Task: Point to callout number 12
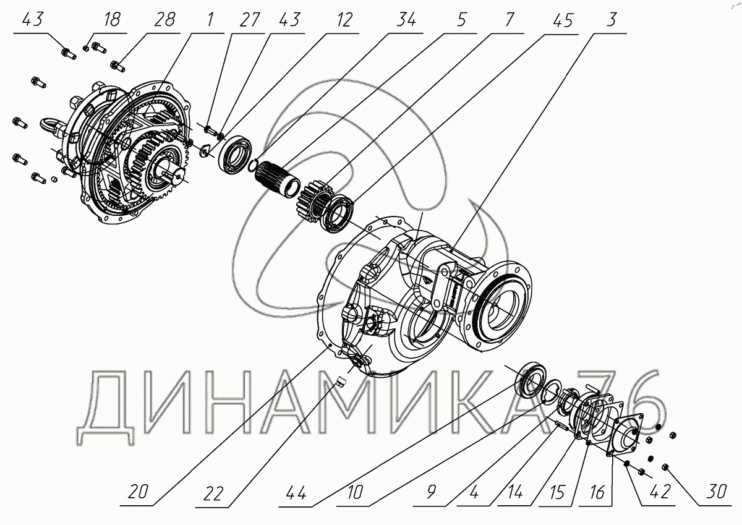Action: point(344,20)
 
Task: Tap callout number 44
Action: point(298,492)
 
